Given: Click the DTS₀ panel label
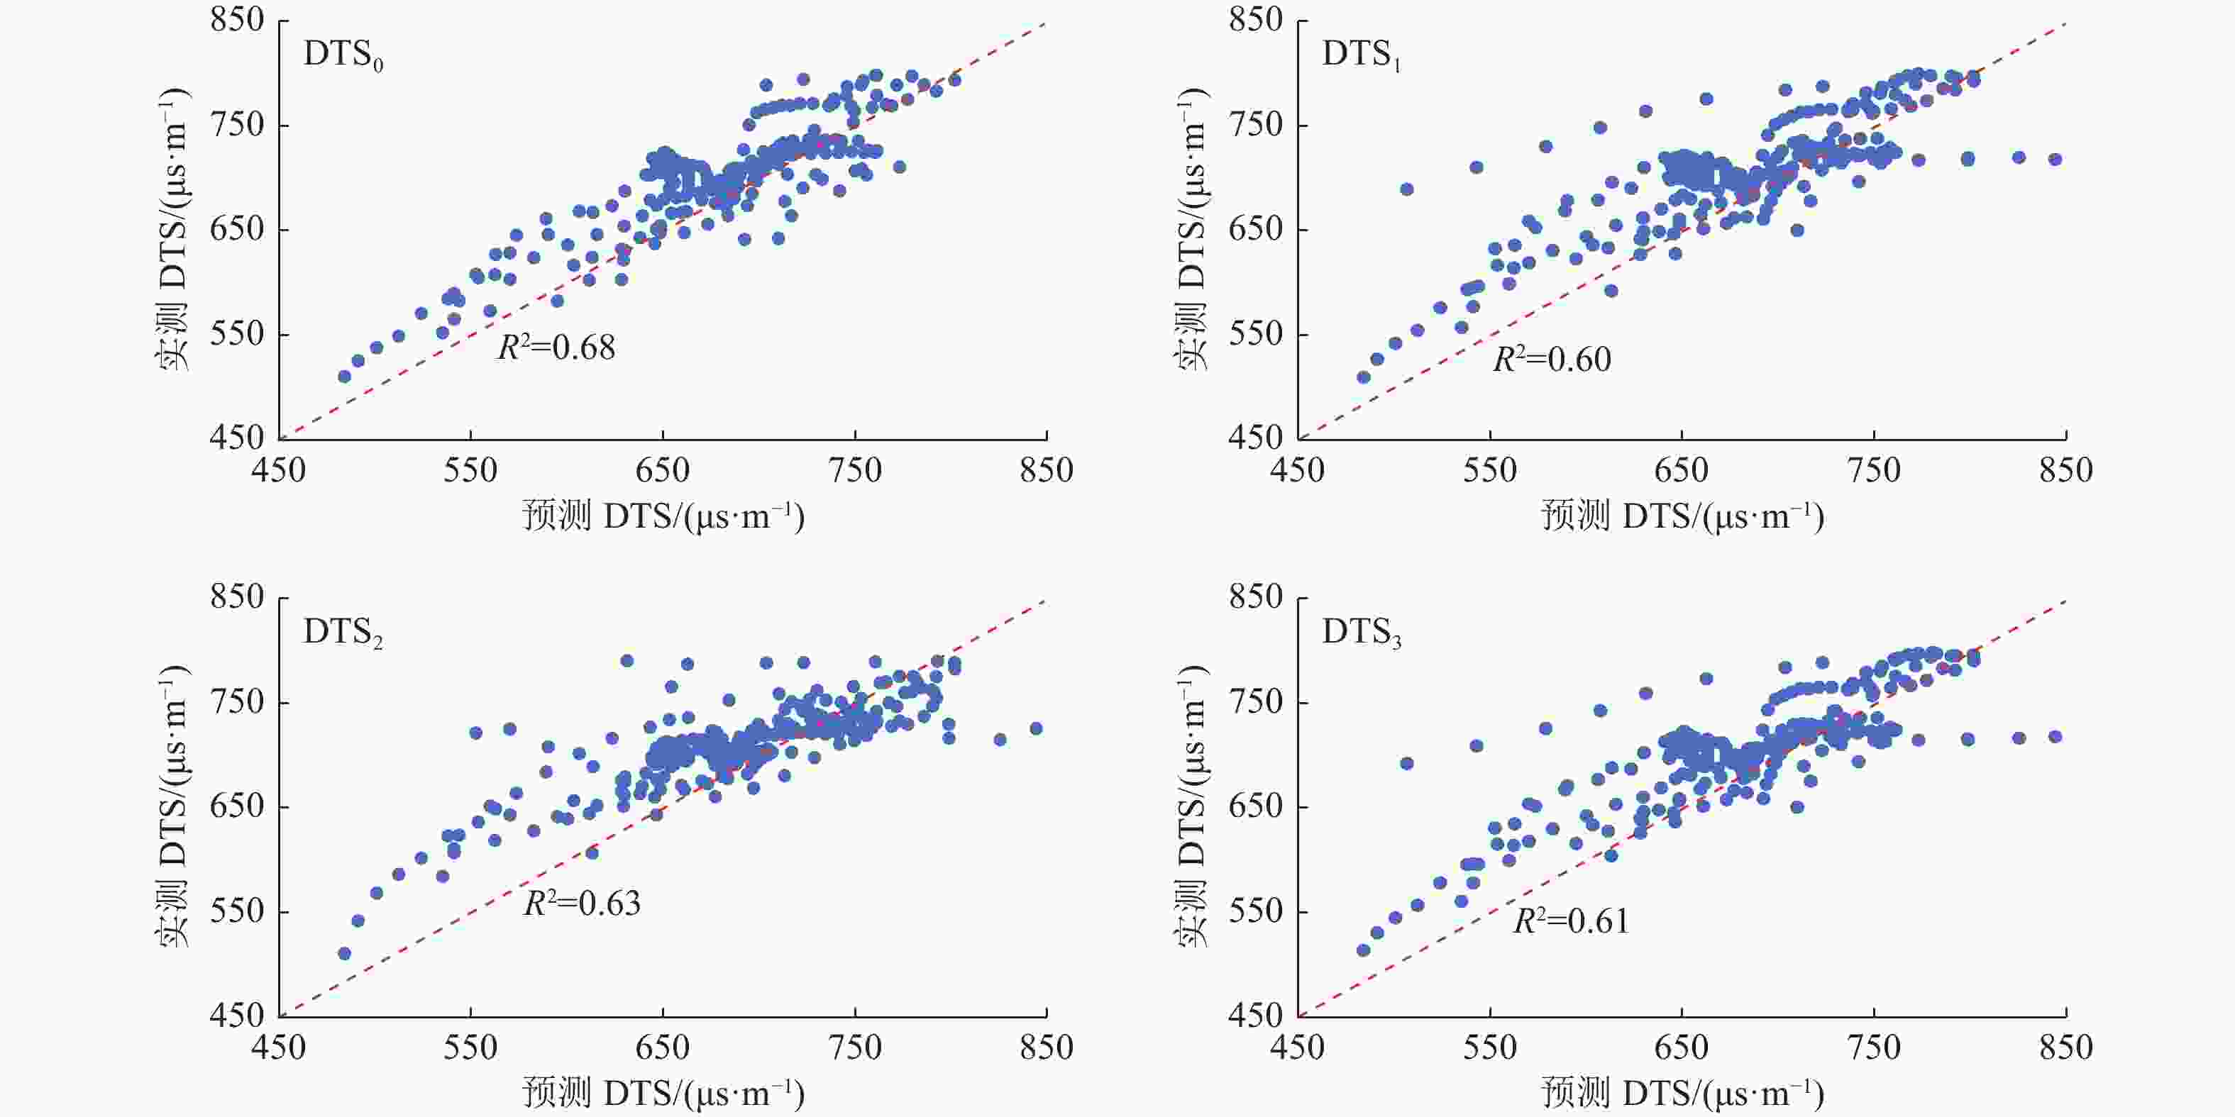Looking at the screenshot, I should point(343,56).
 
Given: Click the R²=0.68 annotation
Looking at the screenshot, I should point(556,347).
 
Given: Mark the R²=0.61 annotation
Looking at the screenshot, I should point(1572,920).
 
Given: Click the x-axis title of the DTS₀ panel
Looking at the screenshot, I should point(663,517).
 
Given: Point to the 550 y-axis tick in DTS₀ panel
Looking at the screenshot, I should point(236,334).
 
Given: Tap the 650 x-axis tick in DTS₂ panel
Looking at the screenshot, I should point(663,1047).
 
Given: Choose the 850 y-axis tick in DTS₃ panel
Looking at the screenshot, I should point(1254,598).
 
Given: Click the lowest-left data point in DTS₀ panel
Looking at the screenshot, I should point(344,377).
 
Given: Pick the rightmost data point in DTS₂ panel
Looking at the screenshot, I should point(1035,728).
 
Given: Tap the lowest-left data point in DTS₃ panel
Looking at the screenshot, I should point(1363,950).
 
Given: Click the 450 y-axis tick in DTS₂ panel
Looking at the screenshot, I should point(236,1015).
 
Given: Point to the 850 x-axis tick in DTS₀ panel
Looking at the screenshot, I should point(1047,471).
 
